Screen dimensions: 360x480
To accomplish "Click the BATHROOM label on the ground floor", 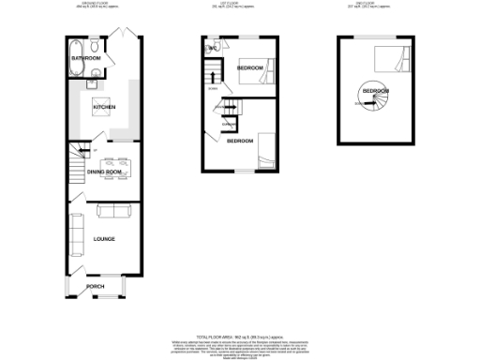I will (x=85, y=58).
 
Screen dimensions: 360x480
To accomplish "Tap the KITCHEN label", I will (x=103, y=108).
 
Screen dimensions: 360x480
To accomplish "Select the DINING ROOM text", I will (x=105, y=172).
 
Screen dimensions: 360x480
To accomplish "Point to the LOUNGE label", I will (x=103, y=239).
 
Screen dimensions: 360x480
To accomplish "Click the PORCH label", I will (x=95, y=286).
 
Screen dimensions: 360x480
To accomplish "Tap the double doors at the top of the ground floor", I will (x=119, y=36).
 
